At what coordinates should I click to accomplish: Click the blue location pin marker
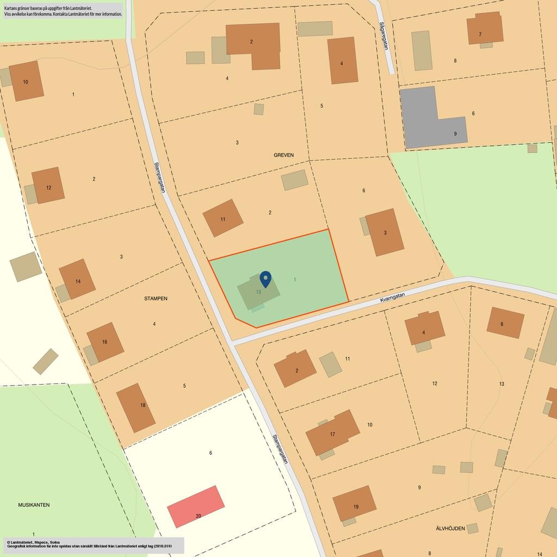(265, 279)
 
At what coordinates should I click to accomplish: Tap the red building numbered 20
(196, 506)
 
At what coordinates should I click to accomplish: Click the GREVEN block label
(283, 155)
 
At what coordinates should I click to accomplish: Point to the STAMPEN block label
(156, 299)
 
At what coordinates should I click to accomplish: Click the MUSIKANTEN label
(34, 505)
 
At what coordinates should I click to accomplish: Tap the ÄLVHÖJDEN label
(450, 528)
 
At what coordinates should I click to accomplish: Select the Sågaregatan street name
(383, 36)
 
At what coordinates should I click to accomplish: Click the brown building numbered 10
(26, 81)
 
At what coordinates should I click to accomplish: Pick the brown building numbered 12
(48, 186)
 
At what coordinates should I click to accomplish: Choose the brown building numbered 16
(105, 342)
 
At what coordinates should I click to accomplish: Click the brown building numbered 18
(135, 407)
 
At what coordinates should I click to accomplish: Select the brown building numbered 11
(223, 218)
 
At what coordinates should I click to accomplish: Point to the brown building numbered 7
(484, 28)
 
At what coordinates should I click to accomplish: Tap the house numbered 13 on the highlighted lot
(258, 293)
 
